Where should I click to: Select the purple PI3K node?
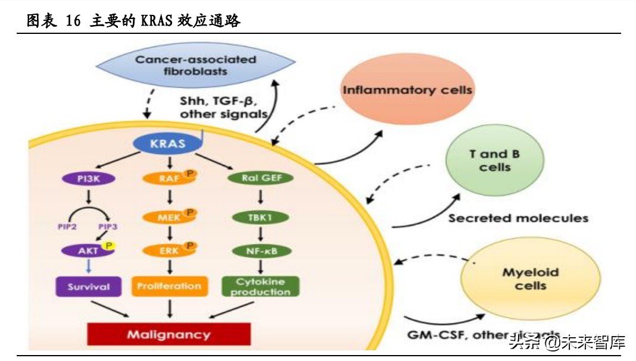[x=88, y=178]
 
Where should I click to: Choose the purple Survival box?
[x=88, y=286]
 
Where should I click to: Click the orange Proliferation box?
[x=170, y=286]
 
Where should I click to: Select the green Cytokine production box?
[x=260, y=286]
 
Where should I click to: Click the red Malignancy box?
[x=169, y=334]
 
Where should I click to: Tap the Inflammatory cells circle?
[x=407, y=90]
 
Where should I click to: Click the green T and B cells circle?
[x=494, y=161]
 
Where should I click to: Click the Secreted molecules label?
[x=518, y=218]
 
